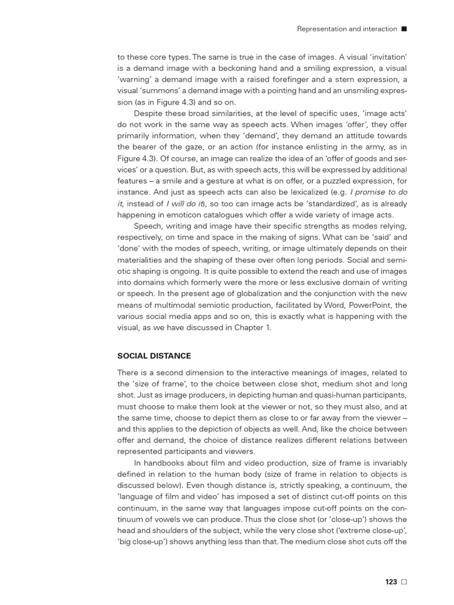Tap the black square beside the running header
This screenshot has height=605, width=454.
[x=404, y=28]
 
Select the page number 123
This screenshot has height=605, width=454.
[x=391, y=582]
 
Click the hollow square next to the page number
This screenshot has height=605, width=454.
[x=404, y=582]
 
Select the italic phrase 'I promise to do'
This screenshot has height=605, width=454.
[x=379, y=192]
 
